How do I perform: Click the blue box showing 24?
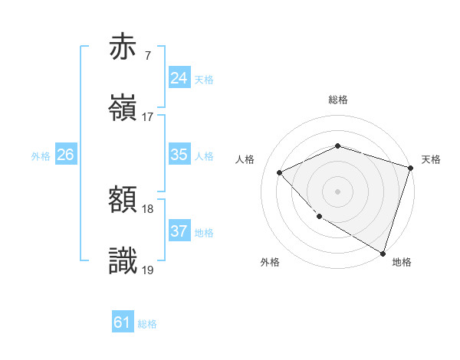click(x=179, y=77)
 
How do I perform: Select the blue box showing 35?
click(x=179, y=155)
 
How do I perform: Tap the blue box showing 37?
click(x=179, y=231)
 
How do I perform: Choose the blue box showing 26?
click(x=66, y=155)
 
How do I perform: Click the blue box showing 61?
click(x=123, y=322)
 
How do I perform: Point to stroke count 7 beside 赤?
click(x=147, y=55)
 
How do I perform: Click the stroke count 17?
click(x=148, y=117)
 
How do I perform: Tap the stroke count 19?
click(x=148, y=270)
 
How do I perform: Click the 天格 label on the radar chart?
click(x=431, y=159)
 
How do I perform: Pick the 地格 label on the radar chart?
click(x=402, y=262)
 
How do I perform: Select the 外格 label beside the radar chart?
click(x=270, y=262)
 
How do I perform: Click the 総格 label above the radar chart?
click(x=337, y=100)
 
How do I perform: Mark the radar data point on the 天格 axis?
click(x=411, y=168)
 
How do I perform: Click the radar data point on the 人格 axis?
click(x=280, y=172)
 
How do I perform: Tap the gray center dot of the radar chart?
click(x=337, y=191)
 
